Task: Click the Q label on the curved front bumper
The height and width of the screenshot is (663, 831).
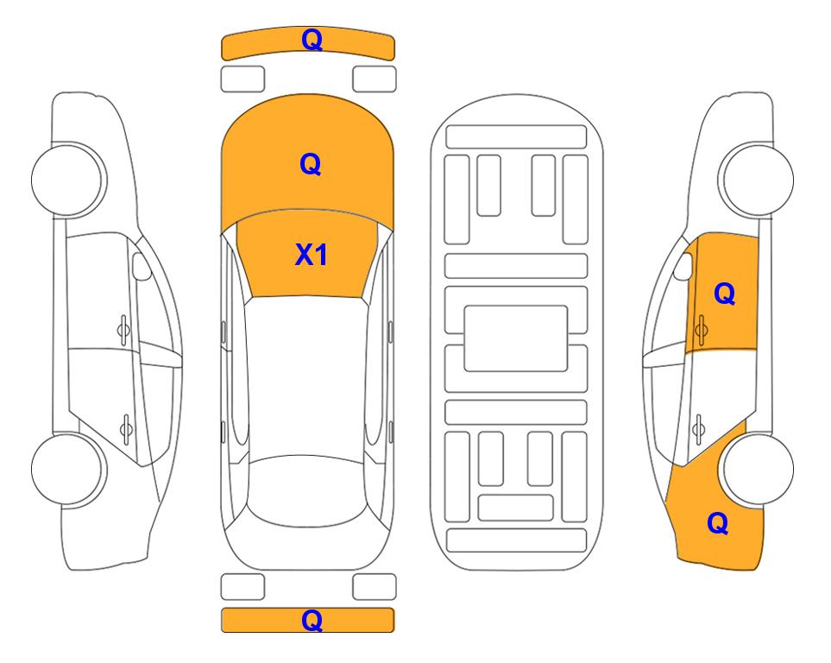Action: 312,40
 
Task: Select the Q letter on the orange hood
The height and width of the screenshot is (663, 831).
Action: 311,164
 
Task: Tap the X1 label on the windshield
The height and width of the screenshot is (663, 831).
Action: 312,255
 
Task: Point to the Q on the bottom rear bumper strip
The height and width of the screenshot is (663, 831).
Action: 312,620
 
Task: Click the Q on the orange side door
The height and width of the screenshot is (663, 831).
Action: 725,294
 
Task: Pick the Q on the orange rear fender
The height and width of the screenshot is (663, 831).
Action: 718,523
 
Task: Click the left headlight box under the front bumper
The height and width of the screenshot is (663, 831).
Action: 242,79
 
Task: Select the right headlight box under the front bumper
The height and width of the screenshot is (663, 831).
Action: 375,79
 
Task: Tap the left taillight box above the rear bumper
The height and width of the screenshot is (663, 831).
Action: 242,587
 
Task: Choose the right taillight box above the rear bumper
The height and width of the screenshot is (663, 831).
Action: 375,587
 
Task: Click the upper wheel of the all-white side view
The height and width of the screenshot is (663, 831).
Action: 68,180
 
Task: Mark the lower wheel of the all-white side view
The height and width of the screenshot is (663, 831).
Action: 67,469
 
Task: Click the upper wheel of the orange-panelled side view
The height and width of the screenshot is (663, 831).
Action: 756,180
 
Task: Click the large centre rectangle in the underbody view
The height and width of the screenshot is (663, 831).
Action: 516,338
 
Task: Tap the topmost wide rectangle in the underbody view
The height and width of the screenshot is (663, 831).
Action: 516,137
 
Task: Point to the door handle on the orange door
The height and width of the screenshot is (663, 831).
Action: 701,330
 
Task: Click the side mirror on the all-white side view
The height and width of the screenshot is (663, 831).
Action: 141,266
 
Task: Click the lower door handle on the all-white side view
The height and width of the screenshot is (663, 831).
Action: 126,428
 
